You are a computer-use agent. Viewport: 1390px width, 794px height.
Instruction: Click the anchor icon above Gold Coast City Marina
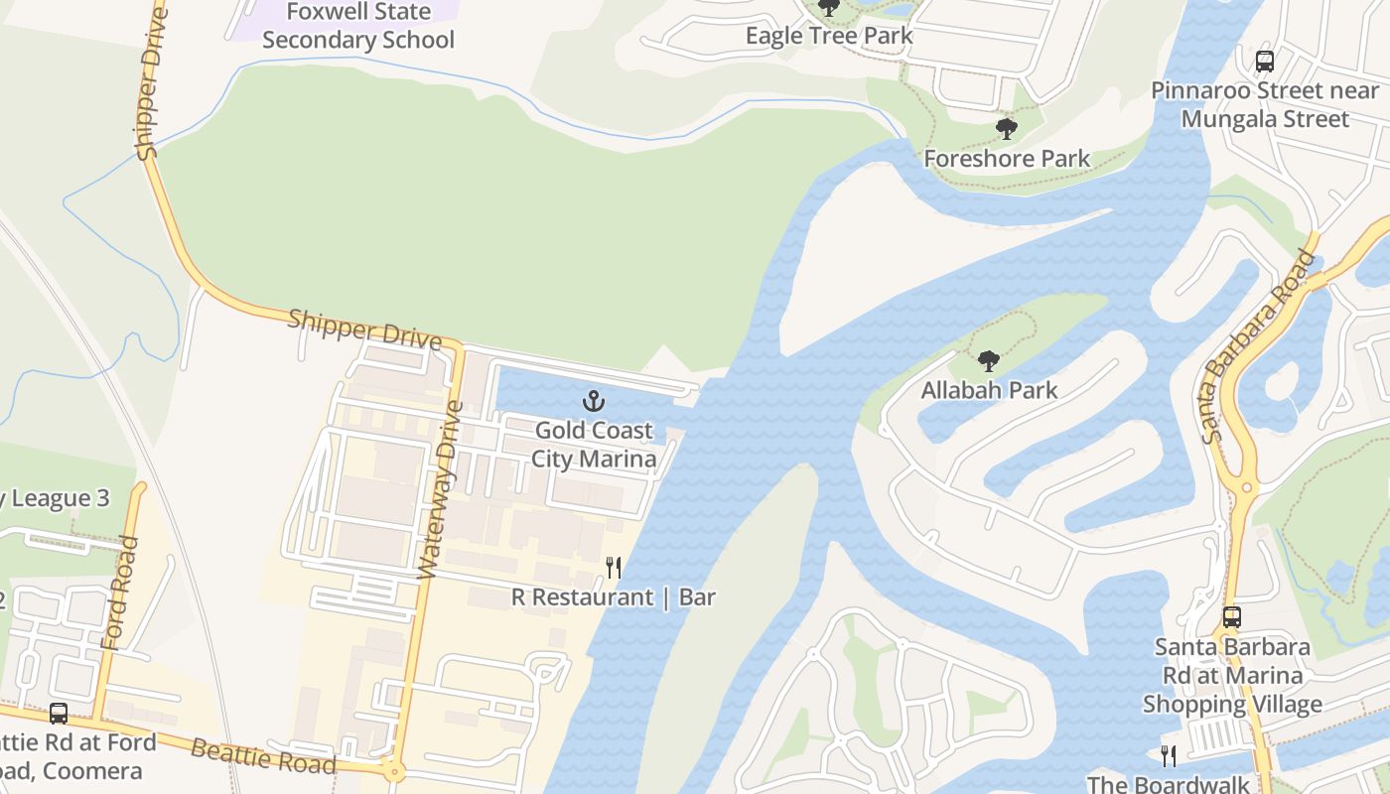click(x=593, y=402)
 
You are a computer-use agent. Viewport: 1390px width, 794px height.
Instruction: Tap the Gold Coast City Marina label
click(x=594, y=445)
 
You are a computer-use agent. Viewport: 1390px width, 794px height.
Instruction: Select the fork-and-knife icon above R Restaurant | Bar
click(x=614, y=568)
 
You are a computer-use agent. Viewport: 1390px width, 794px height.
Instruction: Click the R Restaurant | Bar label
click(x=614, y=597)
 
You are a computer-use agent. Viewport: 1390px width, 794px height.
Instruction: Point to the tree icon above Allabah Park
click(x=988, y=361)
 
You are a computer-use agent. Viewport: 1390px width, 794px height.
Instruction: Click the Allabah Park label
click(x=989, y=390)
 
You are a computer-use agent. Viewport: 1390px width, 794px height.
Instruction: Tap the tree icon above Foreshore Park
click(x=1007, y=129)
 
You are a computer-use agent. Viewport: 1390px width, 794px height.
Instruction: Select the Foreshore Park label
click(x=1007, y=159)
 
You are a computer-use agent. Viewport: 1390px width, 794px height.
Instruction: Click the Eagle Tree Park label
click(x=829, y=36)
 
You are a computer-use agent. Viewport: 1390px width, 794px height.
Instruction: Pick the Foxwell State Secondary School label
click(x=358, y=27)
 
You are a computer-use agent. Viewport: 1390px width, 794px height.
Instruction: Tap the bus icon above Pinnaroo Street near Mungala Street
click(x=1265, y=61)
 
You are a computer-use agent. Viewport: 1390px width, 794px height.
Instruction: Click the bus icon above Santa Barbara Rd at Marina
click(x=1232, y=617)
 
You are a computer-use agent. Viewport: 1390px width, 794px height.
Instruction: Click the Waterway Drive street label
click(x=442, y=489)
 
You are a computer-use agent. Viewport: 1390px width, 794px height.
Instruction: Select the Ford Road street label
click(x=118, y=594)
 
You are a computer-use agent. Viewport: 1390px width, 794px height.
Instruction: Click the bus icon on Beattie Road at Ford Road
click(x=59, y=714)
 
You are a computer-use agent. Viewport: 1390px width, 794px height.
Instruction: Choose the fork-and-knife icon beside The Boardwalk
click(x=1169, y=756)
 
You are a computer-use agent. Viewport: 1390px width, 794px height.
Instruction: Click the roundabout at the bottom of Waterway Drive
click(x=394, y=769)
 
